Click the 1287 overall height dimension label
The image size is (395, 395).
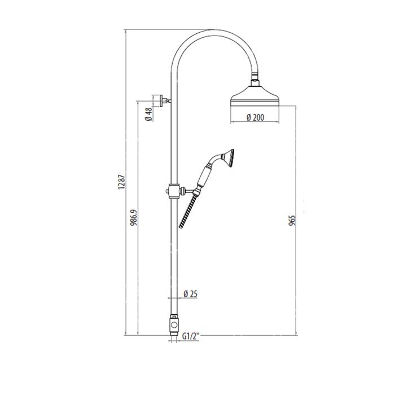122,182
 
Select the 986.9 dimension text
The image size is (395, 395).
134,217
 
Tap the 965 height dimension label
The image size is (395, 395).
292,220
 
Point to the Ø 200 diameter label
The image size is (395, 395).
256,117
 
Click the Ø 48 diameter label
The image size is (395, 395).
149,114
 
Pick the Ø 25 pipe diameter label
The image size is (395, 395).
191,294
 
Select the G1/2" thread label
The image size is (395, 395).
191,336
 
